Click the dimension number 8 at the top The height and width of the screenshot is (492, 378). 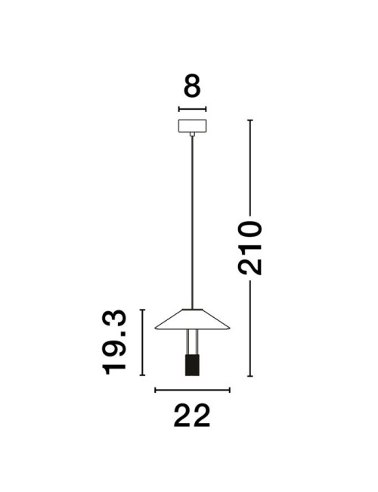193,87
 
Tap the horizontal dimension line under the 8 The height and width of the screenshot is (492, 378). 193,110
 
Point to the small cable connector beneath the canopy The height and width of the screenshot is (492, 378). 193,135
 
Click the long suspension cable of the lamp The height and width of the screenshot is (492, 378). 193,220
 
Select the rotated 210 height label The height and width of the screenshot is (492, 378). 250,248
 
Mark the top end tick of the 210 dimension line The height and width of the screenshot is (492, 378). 250,120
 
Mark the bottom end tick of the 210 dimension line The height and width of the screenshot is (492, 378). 250,377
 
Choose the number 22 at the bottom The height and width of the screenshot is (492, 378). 192,416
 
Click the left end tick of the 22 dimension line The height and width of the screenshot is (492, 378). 155,390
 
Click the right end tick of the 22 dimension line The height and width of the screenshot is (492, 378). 229,390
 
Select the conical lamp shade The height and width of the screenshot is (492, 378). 193,319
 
